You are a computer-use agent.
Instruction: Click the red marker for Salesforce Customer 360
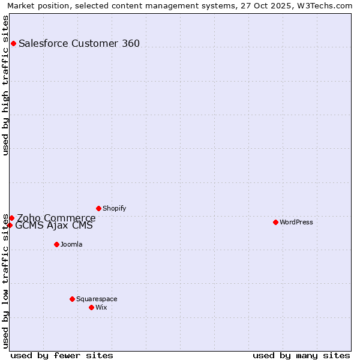point(13,43)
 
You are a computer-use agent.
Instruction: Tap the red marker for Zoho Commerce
point(11,218)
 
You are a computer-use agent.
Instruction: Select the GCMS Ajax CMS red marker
point(10,226)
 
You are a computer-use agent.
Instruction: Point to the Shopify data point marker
point(98,208)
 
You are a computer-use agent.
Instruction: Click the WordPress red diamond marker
point(275,222)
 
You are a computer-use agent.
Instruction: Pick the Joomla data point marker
point(56,244)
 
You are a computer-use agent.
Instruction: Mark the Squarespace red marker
point(72,299)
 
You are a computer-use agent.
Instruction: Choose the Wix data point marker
point(91,307)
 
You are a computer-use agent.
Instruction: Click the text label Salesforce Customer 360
point(79,43)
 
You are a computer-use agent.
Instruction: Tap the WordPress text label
point(296,222)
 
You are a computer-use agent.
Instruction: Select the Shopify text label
point(114,208)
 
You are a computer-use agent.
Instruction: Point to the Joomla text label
point(71,244)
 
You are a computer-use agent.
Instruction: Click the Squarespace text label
point(97,299)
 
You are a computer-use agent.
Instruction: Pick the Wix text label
point(101,307)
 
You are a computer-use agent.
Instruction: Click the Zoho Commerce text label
point(56,218)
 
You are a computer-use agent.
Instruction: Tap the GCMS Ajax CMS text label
point(54,226)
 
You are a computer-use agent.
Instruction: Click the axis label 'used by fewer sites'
point(62,355)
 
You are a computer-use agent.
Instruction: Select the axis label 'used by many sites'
point(301,355)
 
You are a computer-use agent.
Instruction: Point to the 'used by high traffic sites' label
point(6,85)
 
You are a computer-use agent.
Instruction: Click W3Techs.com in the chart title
point(325,5)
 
